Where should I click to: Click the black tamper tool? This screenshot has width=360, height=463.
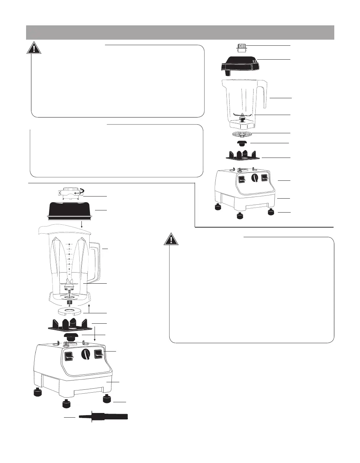tap(104, 417)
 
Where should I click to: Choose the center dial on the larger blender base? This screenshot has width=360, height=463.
tap(85, 354)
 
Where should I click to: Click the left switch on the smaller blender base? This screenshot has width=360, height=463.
tap(241, 179)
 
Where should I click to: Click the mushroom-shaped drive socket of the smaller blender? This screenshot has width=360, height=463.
tap(242, 143)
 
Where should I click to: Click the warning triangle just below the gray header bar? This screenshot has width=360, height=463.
tap(34, 48)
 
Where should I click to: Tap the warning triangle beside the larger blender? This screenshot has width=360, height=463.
tap(171, 239)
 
